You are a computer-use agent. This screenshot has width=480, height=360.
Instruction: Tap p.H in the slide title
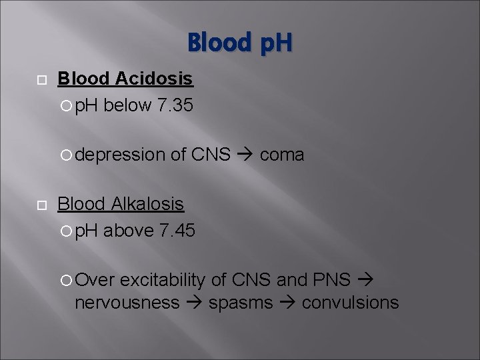point(269,43)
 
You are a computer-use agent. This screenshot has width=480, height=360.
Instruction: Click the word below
point(127,105)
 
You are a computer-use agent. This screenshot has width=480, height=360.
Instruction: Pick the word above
point(129,231)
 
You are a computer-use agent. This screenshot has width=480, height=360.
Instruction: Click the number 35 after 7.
point(182,105)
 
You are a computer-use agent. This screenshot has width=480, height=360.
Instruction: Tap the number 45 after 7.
point(183,231)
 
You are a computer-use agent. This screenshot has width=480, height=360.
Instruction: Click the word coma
point(282,155)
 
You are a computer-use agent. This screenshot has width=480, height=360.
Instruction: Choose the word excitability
point(163,280)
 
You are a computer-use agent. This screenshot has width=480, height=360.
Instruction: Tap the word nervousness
point(127,303)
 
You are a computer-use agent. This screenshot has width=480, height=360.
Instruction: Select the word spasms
point(241,303)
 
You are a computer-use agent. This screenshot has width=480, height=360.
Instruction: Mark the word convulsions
point(350,303)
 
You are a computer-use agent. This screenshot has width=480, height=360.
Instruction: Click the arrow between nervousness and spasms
point(194,303)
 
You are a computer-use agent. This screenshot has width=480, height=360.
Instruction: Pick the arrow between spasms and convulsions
point(287,303)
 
